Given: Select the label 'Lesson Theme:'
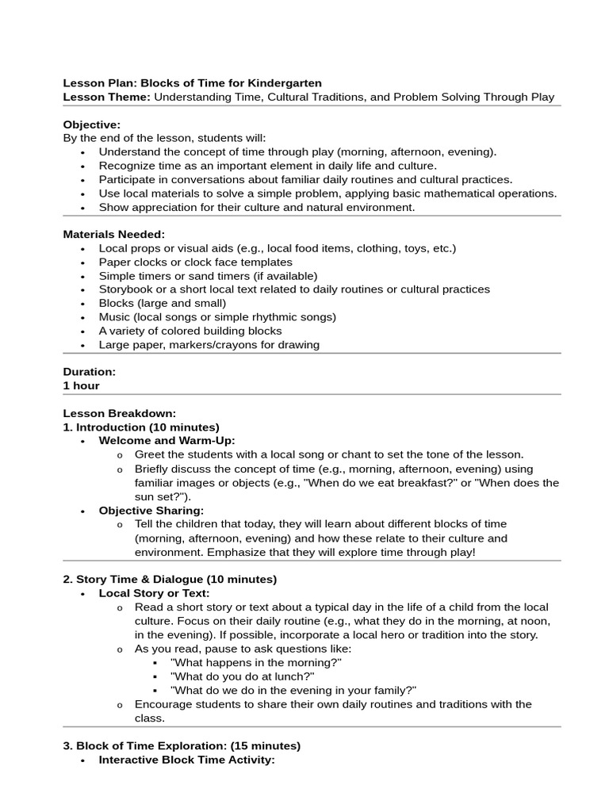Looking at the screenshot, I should [x=106, y=97].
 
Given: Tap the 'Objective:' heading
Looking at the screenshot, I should [x=92, y=124].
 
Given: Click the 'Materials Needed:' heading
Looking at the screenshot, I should [x=114, y=234].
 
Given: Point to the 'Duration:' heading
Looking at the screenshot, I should [x=90, y=371].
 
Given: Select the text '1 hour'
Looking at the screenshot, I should [x=82, y=385].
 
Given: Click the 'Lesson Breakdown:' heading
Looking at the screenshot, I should [x=119, y=413].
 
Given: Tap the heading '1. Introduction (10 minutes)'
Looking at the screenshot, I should [x=141, y=427].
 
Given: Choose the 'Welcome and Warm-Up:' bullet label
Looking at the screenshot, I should [x=167, y=440].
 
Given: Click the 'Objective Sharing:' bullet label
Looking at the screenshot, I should [x=151, y=510].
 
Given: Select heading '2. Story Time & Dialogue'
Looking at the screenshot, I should [x=170, y=579].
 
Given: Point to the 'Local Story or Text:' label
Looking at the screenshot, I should [x=154, y=593].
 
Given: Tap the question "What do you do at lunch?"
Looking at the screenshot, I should [x=243, y=676].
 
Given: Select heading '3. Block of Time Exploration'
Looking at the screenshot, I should [x=182, y=745].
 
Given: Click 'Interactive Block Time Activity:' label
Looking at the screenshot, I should [x=186, y=760].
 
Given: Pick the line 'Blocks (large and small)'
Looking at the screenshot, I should [x=163, y=303].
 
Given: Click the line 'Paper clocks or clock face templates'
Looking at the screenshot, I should [x=195, y=262].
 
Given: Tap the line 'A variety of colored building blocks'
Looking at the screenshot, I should [x=190, y=331].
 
